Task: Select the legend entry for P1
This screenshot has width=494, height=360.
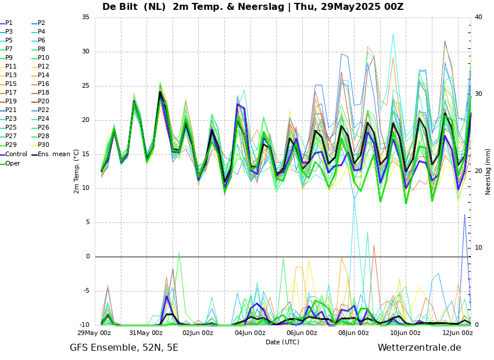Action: pos(9,23)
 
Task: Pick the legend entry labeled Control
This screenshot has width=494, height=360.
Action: pos(16,154)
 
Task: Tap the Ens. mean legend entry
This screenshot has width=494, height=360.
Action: pos(54,154)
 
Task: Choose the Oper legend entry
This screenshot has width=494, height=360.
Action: pos(13,163)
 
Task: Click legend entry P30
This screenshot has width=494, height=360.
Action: pos(44,145)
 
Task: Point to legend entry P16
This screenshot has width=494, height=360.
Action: pos(44,84)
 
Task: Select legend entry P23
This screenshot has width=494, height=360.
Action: pos(11,119)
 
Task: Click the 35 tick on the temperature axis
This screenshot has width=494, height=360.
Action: pos(85,17)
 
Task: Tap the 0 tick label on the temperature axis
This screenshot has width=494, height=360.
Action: pos(88,257)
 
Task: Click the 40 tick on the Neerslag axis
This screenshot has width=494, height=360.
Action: pos(478,17)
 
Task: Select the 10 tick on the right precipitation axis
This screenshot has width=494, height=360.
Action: pos(478,248)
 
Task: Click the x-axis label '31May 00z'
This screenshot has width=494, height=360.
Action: pos(146,333)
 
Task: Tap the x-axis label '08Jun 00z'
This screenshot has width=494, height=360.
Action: pos(353,333)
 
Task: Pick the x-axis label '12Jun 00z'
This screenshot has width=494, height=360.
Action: pos(457,333)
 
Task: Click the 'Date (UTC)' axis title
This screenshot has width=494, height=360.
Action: pos(282,342)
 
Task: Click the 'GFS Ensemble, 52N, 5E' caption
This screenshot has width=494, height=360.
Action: pos(124,348)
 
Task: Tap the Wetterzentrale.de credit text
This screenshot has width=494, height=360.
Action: pos(419,348)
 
